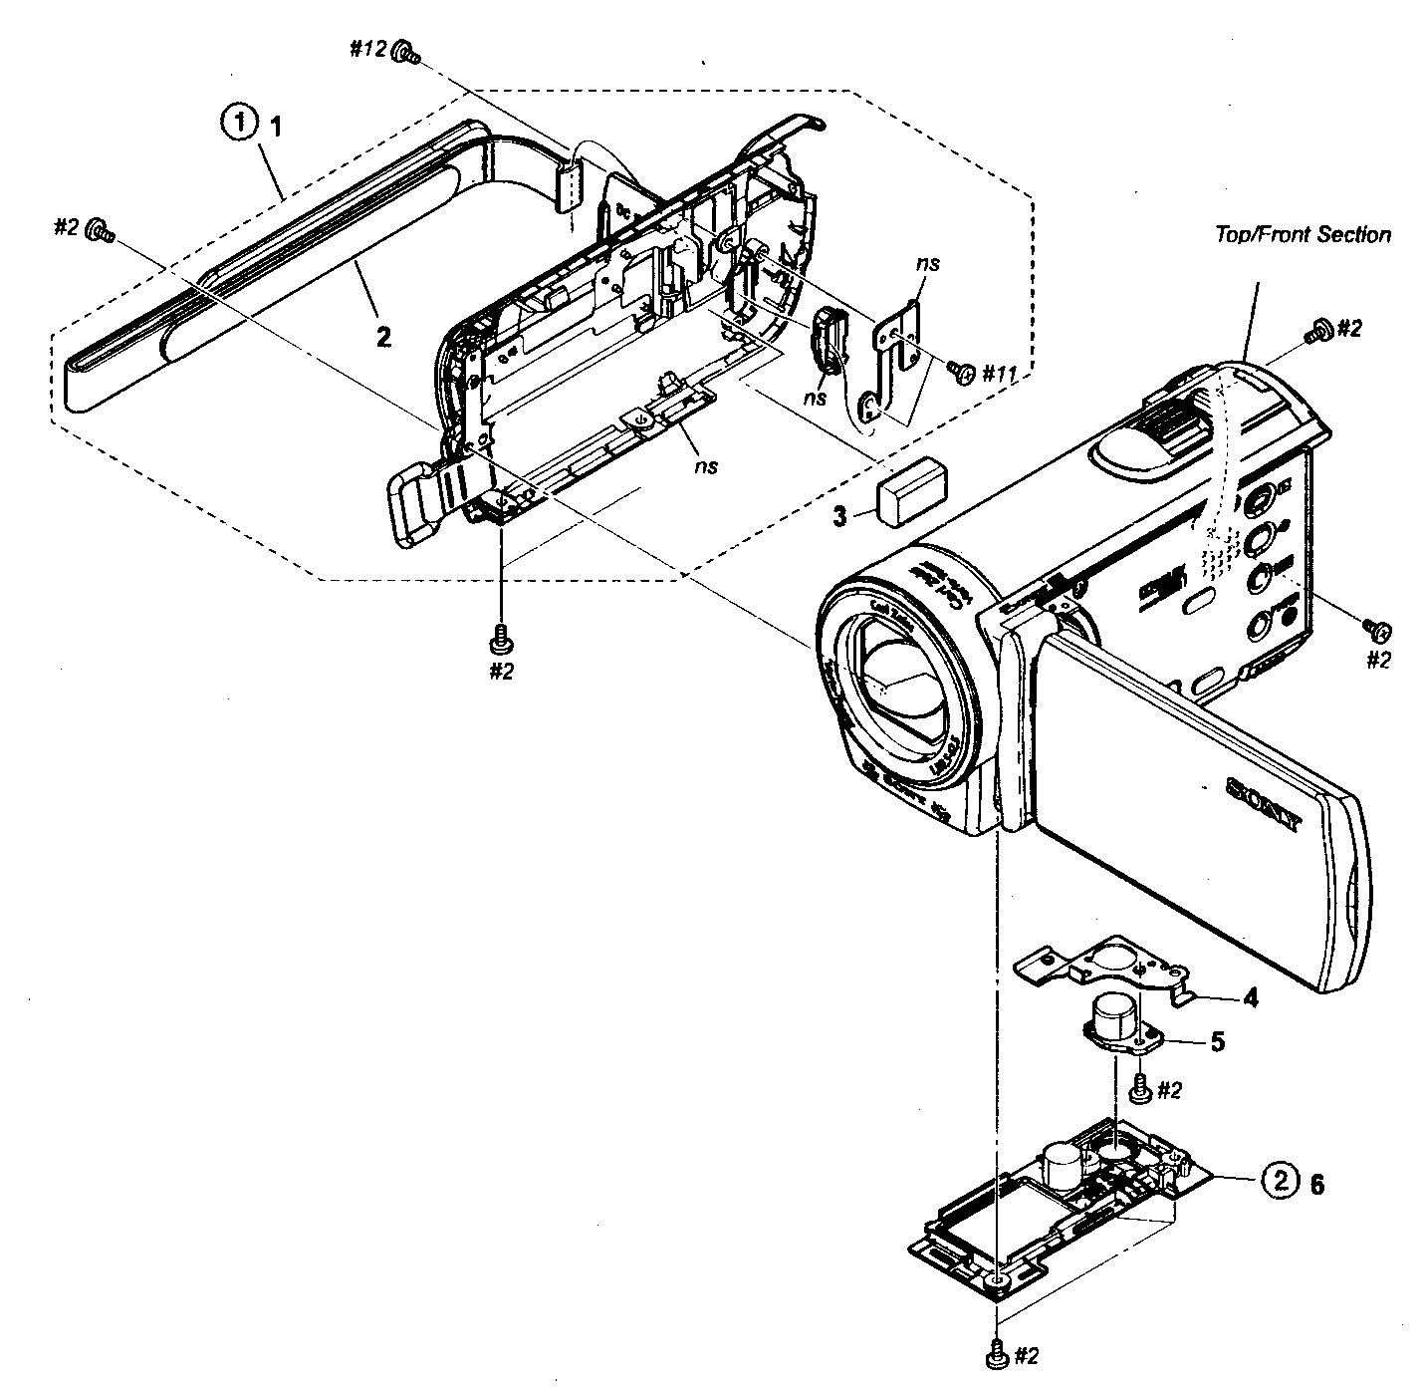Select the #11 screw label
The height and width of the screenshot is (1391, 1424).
point(1000,374)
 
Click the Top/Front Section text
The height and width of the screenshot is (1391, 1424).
point(1303,235)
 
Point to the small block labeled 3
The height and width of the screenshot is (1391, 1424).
point(911,493)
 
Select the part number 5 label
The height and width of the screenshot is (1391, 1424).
point(1217,1041)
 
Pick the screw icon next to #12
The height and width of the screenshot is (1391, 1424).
point(405,53)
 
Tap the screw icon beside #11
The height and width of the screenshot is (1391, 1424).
point(963,373)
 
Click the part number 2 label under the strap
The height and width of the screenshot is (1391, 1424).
point(383,336)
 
